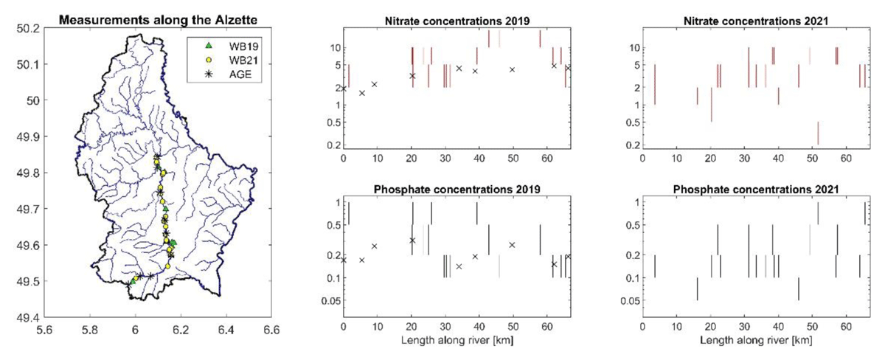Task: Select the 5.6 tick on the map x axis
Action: pos(55,329)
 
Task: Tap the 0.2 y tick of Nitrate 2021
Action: pos(631,145)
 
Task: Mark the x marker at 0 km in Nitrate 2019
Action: pos(343,89)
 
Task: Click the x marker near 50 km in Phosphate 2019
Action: pos(512,244)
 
